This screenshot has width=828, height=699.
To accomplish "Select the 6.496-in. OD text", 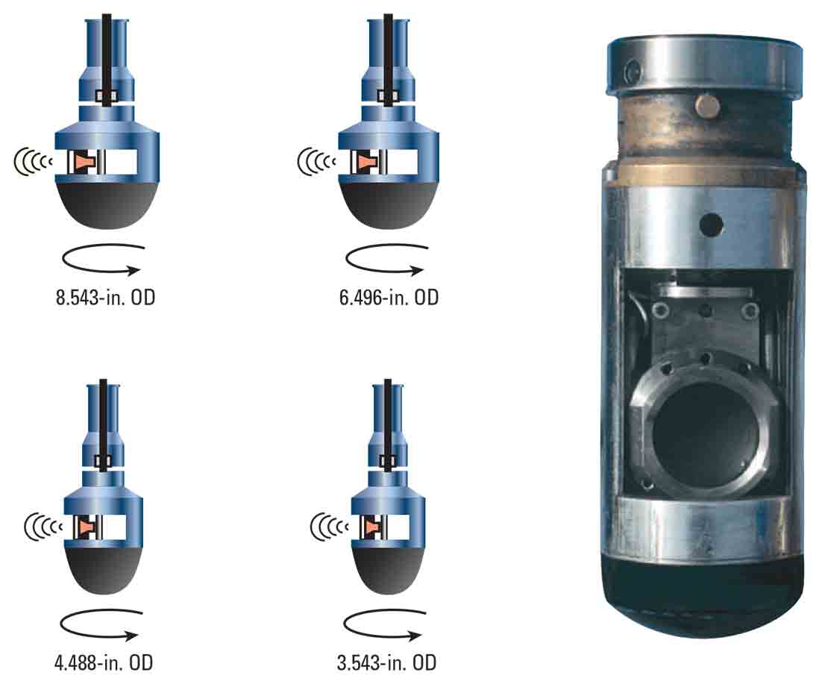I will coord(388,298).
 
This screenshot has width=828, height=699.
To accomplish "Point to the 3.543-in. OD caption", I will coord(386,662).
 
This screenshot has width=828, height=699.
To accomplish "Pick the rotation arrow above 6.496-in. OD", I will coord(386,260).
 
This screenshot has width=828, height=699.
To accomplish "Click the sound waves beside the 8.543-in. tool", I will coord(33,161).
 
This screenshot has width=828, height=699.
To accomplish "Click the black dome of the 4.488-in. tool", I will coord(102,571).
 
